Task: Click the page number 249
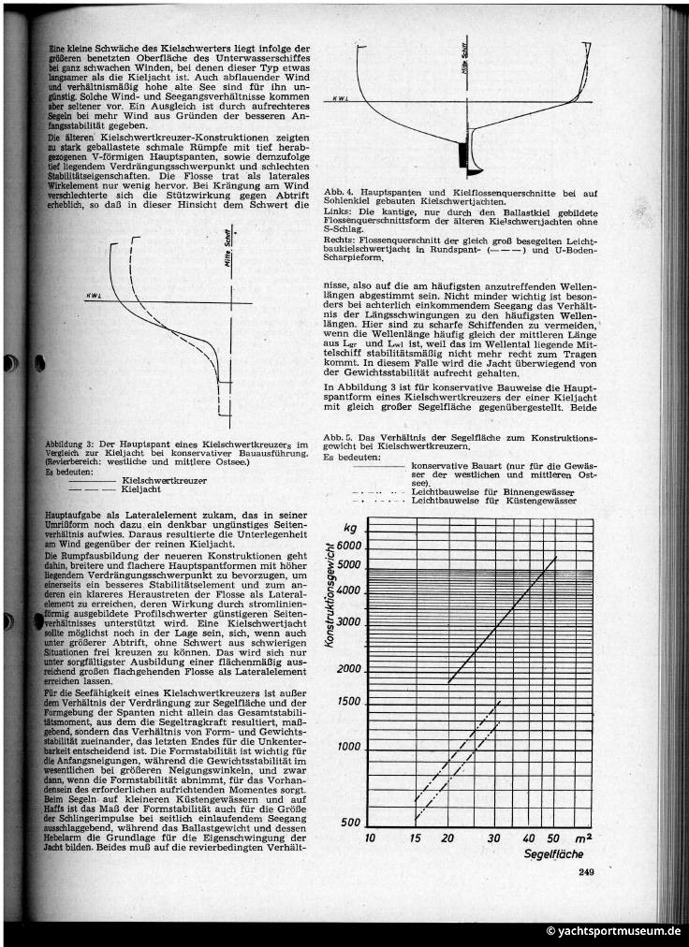[x=587, y=873]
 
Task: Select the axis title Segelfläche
[x=553, y=853]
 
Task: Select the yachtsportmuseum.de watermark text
[x=614, y=931]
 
